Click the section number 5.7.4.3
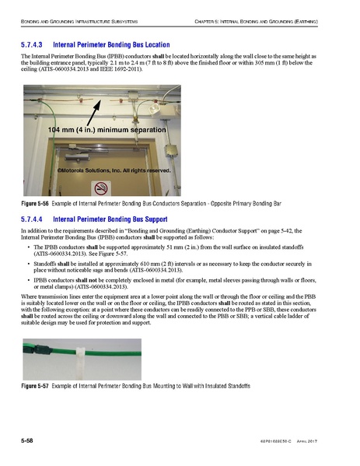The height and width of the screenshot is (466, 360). point(35,45)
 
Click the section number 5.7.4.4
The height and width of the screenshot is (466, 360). point(35,219)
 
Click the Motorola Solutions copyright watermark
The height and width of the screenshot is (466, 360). point(114,170)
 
